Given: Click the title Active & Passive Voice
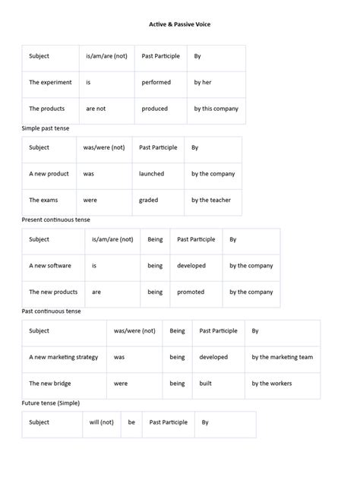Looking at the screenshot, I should (x=179, y=24).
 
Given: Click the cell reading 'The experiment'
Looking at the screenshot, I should (x=50, y=82).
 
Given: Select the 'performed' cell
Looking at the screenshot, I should (x=156, y=82).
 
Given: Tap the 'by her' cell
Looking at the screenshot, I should (x=204, y=82).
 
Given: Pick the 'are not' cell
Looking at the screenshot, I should (x=96, y=109).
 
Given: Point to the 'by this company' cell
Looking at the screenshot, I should (x=216, y=109).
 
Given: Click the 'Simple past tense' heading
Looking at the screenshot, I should (x=45, y=128).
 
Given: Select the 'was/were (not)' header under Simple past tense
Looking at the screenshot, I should (x=103, y=147).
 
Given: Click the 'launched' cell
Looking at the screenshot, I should (x=151, y=174).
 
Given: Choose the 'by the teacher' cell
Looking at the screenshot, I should (x=210, y=201).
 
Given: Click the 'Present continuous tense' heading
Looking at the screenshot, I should (x=55, y=219).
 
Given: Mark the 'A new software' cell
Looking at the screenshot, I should (x=50, y=266).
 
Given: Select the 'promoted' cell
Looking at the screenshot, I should (x=191, y=292).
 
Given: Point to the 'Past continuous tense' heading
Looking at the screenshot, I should (x=51, y=311).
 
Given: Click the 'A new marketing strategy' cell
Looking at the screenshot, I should (x=63, y=357).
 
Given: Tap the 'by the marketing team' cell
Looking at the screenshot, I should (x=282, y=357).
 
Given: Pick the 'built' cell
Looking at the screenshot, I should (x=205, y=384).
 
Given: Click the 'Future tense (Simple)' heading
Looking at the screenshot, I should (x=50, y=403).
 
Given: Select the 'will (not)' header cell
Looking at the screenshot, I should (x=101, y=422).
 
